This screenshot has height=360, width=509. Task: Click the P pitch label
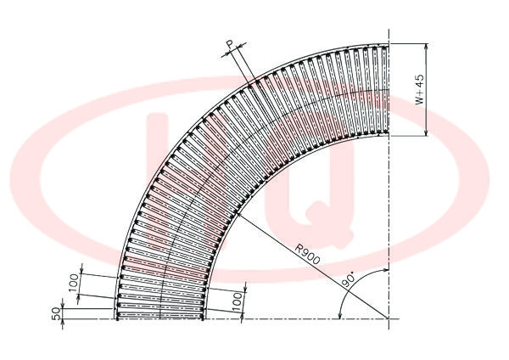click(230, 44)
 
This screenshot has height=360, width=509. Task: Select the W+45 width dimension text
click(419, 89)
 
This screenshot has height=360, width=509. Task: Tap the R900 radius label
click(308, 254)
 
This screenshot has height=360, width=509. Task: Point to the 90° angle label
click(349, 280)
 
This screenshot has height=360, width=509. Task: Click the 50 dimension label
click(56, 313)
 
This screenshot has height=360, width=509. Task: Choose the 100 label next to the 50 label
click(75, 283)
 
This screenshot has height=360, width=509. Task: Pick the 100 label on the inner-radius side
click(238, 301)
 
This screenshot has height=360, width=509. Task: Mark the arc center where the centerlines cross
click(389, 318)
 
